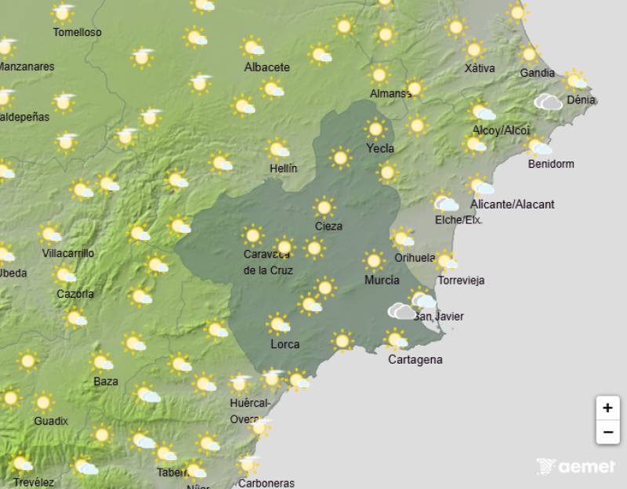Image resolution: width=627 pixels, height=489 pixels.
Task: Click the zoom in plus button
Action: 607,407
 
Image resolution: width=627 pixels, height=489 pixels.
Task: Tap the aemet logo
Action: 576,467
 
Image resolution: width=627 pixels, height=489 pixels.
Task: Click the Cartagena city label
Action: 415,360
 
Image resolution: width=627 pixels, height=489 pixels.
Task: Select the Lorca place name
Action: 285,344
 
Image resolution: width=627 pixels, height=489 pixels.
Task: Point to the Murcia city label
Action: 382,280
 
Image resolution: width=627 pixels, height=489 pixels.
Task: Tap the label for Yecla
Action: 380,148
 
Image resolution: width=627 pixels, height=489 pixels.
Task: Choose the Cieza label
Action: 328,226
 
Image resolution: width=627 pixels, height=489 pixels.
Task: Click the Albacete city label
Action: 267,67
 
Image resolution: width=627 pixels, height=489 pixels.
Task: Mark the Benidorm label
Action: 551,164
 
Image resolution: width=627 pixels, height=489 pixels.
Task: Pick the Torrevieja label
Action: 462,280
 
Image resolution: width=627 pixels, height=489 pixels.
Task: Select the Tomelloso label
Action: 77,33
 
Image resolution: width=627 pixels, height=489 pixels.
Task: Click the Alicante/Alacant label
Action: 512,205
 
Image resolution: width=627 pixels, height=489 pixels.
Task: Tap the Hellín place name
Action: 282,168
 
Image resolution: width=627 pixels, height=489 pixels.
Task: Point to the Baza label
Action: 105,382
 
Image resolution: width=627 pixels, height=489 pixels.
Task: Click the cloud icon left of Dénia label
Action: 549,101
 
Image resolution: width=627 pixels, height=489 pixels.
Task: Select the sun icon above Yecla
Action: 376,128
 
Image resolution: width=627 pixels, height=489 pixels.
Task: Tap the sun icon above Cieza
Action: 324,207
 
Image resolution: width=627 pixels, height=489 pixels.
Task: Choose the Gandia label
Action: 537,74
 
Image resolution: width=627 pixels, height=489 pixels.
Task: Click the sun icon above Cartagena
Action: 396,340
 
